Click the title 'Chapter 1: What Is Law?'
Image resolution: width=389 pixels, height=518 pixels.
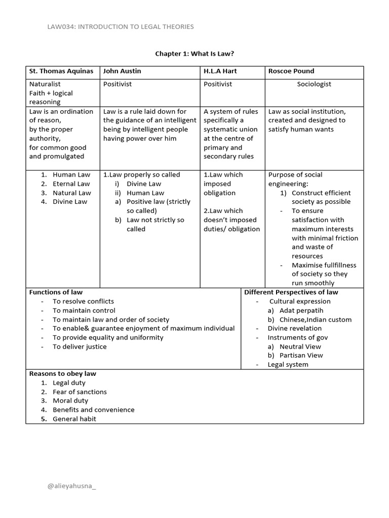(194, 53)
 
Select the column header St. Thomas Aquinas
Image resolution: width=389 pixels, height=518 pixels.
(61, 71)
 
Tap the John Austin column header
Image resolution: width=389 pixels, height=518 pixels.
(122, 71)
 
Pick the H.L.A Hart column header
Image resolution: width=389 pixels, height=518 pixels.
(220, 71)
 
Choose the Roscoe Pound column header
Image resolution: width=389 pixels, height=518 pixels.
(291, 71)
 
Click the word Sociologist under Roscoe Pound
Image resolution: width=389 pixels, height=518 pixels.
(314, 84)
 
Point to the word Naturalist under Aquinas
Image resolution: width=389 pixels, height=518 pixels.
(45, 84)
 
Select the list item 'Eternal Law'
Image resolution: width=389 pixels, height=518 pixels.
(71, 184)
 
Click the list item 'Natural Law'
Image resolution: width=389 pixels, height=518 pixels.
(71, 193)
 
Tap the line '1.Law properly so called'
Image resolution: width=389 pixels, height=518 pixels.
(141, 175)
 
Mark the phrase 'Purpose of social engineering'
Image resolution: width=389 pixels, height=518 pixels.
(295, 179)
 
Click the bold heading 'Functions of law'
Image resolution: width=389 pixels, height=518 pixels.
(56, 292)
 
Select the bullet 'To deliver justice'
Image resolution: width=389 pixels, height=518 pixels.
(80, 347)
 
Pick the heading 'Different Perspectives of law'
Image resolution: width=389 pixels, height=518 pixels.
(291, 292)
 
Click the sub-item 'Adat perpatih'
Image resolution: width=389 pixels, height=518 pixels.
(301, 310)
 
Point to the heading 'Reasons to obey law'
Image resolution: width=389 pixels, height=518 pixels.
(62, 374)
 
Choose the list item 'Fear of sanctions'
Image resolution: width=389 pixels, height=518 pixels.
(80, 392)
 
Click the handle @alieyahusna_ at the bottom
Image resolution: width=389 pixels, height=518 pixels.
(71, 486)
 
